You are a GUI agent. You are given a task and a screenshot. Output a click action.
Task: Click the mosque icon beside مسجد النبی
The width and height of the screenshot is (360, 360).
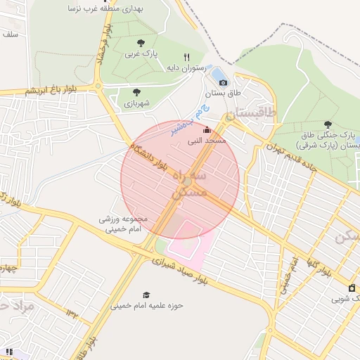pyautogui.click(x=206, y=130)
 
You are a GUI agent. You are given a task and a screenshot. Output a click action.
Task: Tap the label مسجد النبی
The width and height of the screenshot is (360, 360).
pyautogui.click(x=206, y=141)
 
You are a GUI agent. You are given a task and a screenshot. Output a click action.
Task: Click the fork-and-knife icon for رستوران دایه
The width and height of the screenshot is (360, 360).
pyautogui.click(x=186, y=57)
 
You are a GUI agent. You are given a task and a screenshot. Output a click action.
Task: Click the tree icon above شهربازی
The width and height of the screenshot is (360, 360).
pyautogui.click(x=136, y=92)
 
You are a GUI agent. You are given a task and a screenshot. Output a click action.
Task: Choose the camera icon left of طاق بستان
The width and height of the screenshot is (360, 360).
pyautogui.click(x=223, y=83)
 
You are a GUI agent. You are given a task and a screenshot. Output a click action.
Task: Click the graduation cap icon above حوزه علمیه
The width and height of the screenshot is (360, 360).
pyautogui.click(x=146, y=295)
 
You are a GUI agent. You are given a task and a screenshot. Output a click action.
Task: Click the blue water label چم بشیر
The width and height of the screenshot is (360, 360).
pyautogui.click(x=191, y=120)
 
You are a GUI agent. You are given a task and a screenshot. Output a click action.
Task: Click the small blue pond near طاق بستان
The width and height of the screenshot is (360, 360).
pyautogui.click(x=217, y=73)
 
